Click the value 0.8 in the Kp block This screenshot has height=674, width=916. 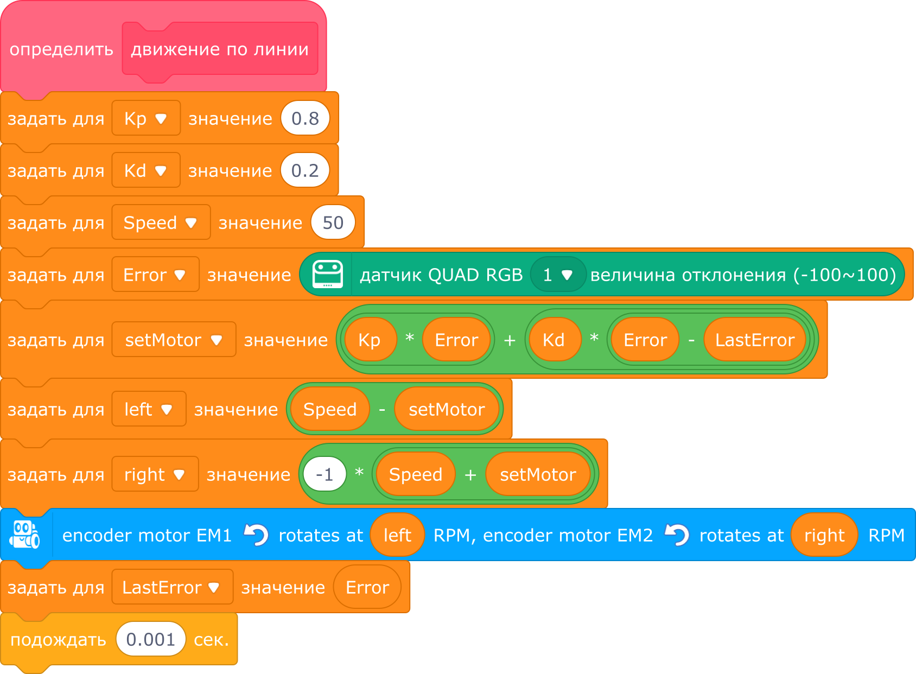[x=305, y=118]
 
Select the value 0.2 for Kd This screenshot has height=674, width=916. [x=305, y=170]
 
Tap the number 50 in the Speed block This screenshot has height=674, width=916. [x=333, y=222]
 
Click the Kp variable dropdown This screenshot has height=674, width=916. [x=146, y=118]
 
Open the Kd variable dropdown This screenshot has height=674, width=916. [x=146, y=170]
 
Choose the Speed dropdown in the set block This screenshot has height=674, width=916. [x=161, y=222]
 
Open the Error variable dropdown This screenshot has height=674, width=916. [x=155, y=275]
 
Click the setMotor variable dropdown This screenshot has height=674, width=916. [x=174, y=340]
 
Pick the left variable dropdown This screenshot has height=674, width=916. [x=149, y=409]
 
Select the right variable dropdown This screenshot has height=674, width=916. [x=155, y=474]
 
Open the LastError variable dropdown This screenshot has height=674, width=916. [x=173, y=587]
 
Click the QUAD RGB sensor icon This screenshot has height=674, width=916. [x=328, y=274]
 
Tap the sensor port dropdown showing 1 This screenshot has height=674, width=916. [x=558, y=275]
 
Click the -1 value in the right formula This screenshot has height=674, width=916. [x=325, y=474]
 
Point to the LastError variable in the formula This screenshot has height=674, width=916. [x=754, y=340]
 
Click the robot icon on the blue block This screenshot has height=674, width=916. [x=24, y=535]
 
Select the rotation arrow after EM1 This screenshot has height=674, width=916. [x=256, y=535]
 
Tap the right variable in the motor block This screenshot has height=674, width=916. [x=824, y=535]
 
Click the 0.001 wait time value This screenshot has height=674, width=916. [x=150, y=639]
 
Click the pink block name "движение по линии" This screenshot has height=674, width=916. [x=220, y=49]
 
